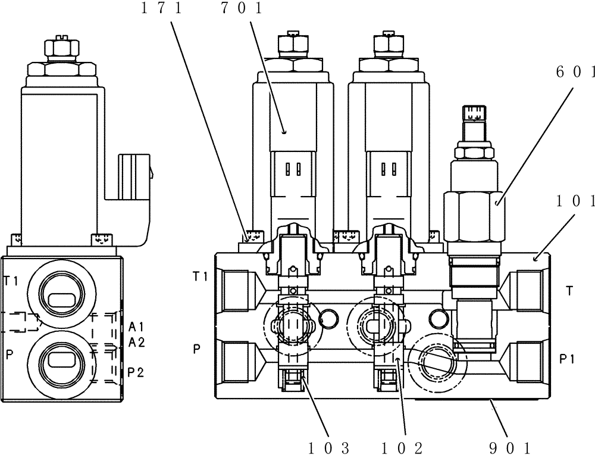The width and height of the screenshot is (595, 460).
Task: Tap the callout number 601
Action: [x=575, y=72]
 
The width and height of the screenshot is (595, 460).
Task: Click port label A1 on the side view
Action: [x=137, y=326]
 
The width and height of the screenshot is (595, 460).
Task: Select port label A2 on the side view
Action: [x=137, y=342]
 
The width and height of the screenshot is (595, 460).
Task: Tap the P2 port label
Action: [x=137, y=372]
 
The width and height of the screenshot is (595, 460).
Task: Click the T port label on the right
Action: [x=569, y=291]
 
